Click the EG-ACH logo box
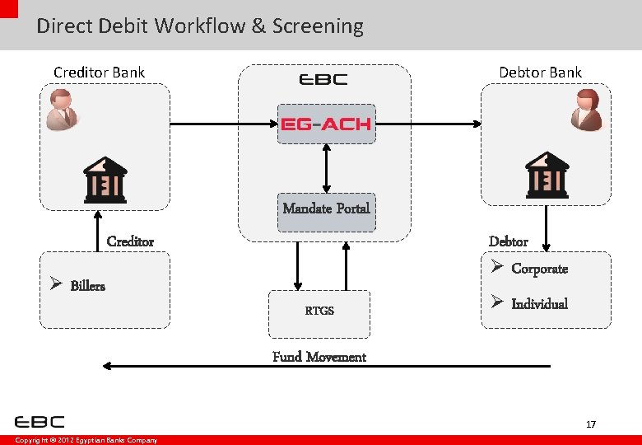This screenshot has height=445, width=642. [x=326, y=124]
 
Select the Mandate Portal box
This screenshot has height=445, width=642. [x=326, y=208]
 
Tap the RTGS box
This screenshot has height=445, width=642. [x=319, y=311]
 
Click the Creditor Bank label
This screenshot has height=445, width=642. [x=99, y=73]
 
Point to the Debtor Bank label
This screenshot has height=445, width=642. [x=540, y=73]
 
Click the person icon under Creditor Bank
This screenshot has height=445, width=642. [x=62, y=110]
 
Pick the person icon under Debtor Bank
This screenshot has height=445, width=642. [x=588, y=110]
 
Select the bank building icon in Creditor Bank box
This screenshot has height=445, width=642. [x=105, y=179]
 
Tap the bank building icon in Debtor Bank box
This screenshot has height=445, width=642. [x=547, y=175]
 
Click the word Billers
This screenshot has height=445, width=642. [x=87, y=286]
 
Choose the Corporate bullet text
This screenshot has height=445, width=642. [x=539, y=269]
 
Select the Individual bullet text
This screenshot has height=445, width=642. [x=539, y=304]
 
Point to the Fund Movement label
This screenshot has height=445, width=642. [x=319, y=357]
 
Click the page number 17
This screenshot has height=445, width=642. [x=590, y=424]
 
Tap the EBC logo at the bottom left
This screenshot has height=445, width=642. [x=40, y=422]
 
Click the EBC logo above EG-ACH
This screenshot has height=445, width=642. [x=323, y=80]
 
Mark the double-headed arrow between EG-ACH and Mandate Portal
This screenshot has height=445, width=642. [x=327, y=168]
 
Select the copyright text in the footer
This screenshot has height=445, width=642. [x=86, y=440]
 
